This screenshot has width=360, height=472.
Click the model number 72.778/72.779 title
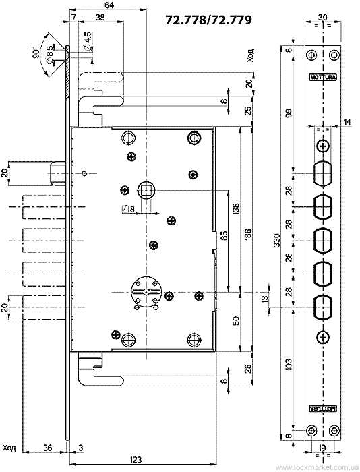(208, 20)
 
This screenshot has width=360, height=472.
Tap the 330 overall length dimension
(277, 240)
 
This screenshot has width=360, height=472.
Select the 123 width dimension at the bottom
(136, 460)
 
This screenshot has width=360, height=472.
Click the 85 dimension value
(224, 235)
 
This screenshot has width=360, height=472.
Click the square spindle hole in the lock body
(146, 190)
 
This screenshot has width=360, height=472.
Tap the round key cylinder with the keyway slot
(146, 291)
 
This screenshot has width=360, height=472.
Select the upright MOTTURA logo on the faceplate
(324, 77)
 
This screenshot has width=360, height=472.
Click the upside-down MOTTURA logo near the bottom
(324, 408)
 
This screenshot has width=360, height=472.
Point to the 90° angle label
(36, 53)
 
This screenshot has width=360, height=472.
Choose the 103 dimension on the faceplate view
(289, 365)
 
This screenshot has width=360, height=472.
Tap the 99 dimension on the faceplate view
(289, 113)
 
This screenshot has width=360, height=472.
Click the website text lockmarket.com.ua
(317, 468)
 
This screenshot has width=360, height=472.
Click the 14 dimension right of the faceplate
(347, 122)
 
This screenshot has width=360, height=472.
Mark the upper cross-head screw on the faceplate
(323, 146)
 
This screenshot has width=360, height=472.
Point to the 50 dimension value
(235, 320)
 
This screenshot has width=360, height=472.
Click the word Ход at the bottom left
(9, 448)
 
